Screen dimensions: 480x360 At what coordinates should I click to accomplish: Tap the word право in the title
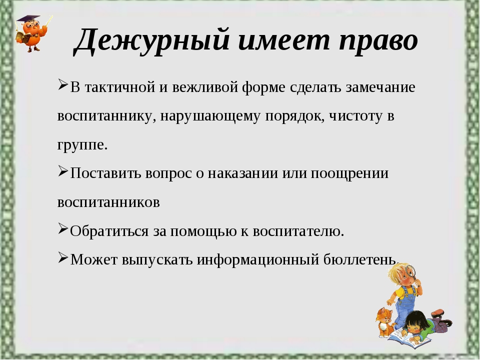coord(378,41)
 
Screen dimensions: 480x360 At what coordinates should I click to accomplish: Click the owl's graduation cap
coord(28,19)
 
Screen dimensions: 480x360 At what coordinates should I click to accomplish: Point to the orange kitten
coord(384,321)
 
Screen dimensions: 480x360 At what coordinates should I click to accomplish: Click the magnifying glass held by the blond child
coord(409,271)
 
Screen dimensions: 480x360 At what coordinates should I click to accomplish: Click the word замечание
coord(380,87)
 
